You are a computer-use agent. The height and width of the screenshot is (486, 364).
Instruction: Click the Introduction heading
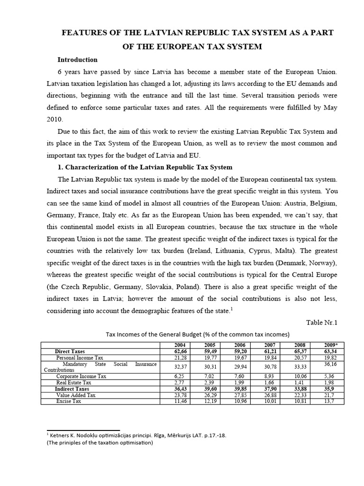(x=77, y=60)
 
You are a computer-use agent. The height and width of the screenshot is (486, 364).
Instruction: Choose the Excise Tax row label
(x=70, y=401)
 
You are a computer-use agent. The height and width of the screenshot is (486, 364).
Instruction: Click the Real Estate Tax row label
(x=74, y=383)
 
